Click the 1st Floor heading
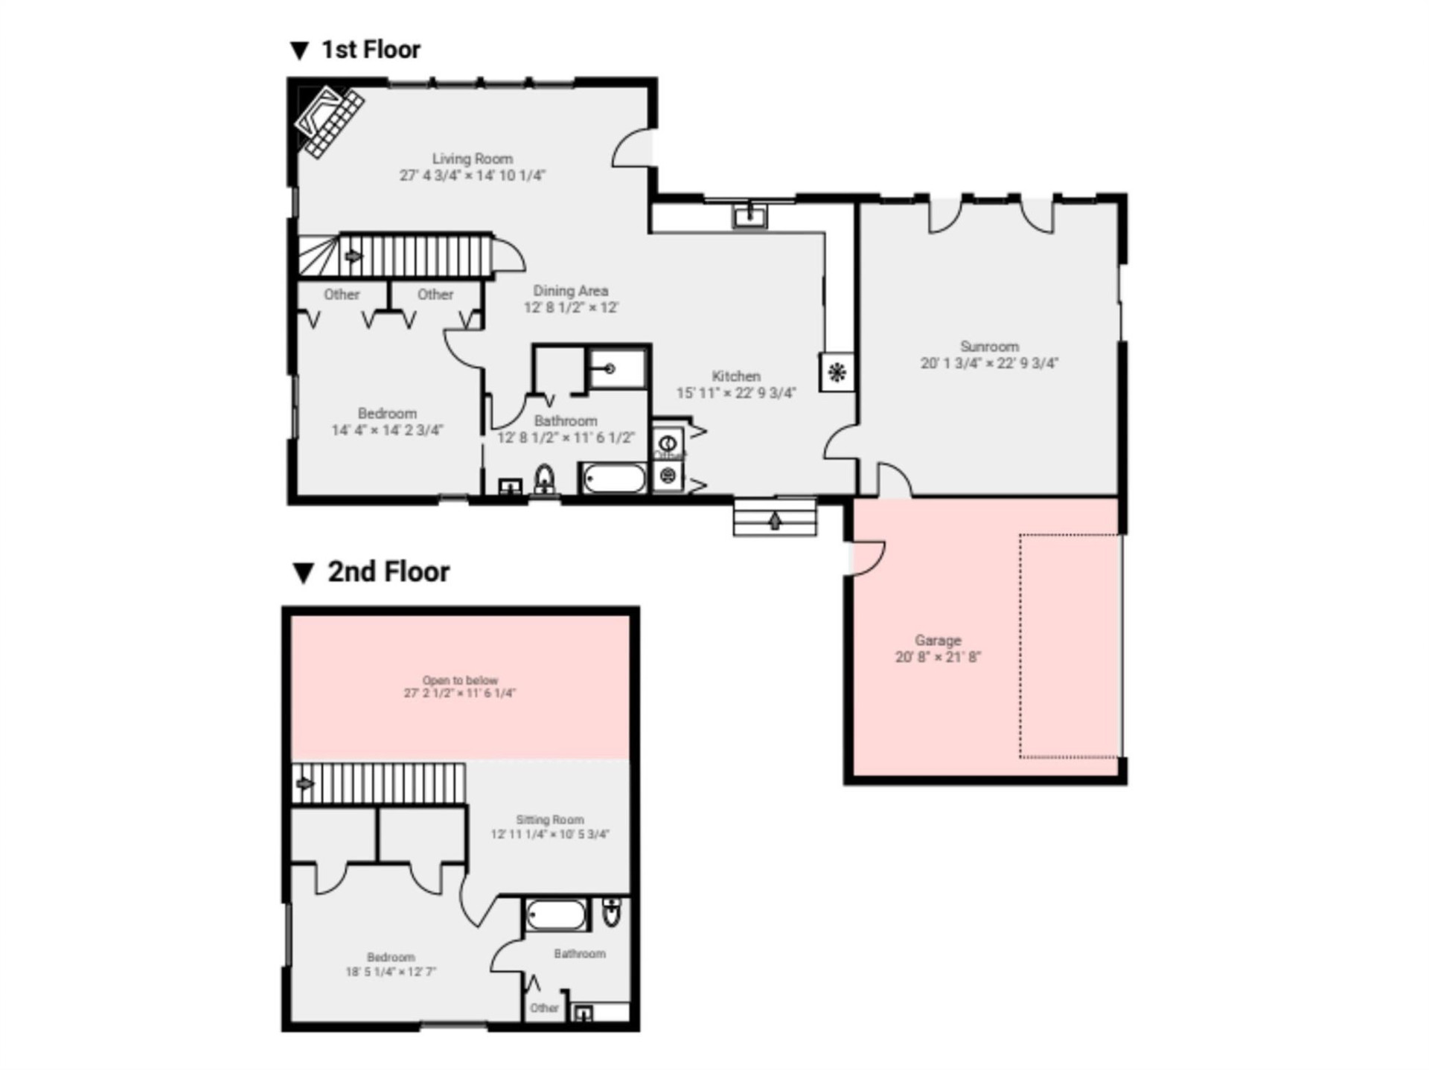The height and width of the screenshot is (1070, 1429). pyautogui.click(x=370, y=50)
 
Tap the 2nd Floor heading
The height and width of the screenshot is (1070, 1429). pyautogui.click(x=388, y=572)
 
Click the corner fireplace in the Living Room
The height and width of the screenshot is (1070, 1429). pyautogui.click(x=329, y=121)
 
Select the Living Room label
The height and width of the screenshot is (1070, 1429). pyautogui.click(x=472, y=158)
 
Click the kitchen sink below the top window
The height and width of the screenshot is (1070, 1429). pyautogui.click(x=749, y=217)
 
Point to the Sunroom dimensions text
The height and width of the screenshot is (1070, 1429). pyautogui.click(x=988, y=363)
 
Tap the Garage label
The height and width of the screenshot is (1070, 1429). pyautogui.click(x=938, y=640)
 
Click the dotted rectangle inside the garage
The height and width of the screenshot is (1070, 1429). pyautogui.click(x=1069, y=646)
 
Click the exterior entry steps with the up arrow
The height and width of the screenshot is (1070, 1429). pyautogui.click(x=774, y=518)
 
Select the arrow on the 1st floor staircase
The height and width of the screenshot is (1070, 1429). pyautogui.click(x=354, y=257)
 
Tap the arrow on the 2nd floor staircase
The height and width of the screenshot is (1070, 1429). pyautogui.click(x=304, y=784)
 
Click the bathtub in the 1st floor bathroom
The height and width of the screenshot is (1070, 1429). pyautogui.click(x=614, y=478)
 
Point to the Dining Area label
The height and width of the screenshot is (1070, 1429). pyautogui.click(x=570, y=291)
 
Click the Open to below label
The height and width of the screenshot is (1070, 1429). pyautogui.click(x=459, y=680)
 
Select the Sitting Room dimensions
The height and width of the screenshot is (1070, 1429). pyautogui.click(x=549, y=834)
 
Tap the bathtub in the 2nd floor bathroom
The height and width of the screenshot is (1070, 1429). pyautogui.click(x=556, y=914)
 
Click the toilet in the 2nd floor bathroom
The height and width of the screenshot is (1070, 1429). pyautogui.click(x=611, y=912)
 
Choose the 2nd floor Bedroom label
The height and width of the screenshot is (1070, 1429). pyautogui.click(x=390, y=957)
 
